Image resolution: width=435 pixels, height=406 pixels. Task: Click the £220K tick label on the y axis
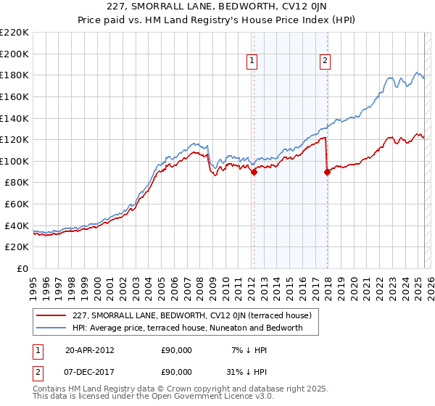pyautogui.click(x=14, y=33)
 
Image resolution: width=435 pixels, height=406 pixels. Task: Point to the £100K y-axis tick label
pyautogui.click(x=14, y=161)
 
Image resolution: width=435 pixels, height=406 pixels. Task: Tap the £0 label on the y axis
pyautogui.click(x=22, y=268)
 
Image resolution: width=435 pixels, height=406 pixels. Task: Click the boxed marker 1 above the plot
pyautogui.click(x=252, y=62)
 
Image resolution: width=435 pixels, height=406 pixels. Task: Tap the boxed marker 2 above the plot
pyautogui.click(x=325, y=62)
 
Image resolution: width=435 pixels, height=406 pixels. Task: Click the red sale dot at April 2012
pyautogui.click(x=254, y=173)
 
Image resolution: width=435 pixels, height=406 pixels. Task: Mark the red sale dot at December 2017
pyautogui.click(x=327, y=172)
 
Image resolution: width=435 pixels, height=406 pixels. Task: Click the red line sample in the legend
pyautogui.click(x=51, y=315)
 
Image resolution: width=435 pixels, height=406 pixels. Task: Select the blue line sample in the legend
pyautogui.click(x=51, y=328)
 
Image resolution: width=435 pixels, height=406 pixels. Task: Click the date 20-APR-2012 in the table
pyautogui.click(x=89, y=350)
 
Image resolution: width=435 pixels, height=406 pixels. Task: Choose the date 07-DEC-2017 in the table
pyautogui.click(x=89, y=372)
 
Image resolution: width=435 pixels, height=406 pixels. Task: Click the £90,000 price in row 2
pyautogui.click(x=176, y=372)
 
